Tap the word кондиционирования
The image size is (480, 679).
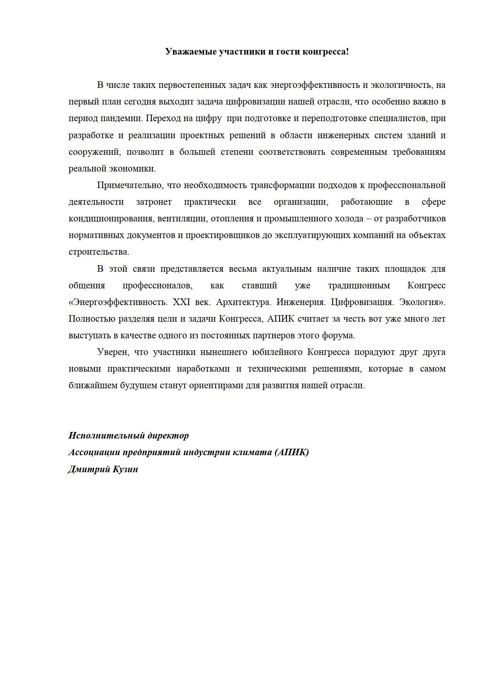tap(107, 219)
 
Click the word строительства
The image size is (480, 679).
tap(98, 252)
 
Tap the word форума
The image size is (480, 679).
tap(341, 336)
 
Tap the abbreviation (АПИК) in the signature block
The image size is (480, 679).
tap(292, 453)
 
